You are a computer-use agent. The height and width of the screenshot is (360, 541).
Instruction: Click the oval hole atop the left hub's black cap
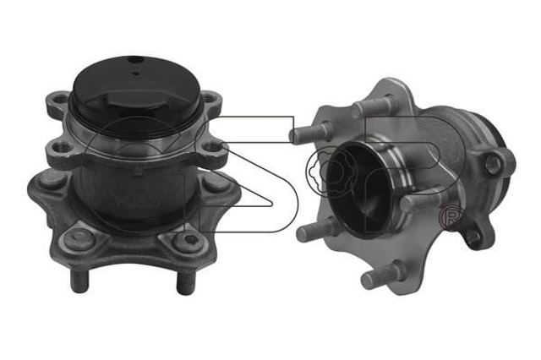click(135, 59)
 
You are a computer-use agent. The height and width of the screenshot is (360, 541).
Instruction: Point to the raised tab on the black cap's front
click(134, 100)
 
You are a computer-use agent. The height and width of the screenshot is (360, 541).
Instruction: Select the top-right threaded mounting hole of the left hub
click(209, 98)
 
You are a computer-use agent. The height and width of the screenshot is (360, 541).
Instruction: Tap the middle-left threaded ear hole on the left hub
click(61, 148)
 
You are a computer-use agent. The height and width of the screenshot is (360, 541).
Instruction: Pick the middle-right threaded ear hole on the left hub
click(213, 148)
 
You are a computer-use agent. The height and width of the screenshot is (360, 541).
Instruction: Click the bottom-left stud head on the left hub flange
click(79, 237)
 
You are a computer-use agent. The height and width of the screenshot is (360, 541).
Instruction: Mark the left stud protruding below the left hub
click(79, 280)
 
